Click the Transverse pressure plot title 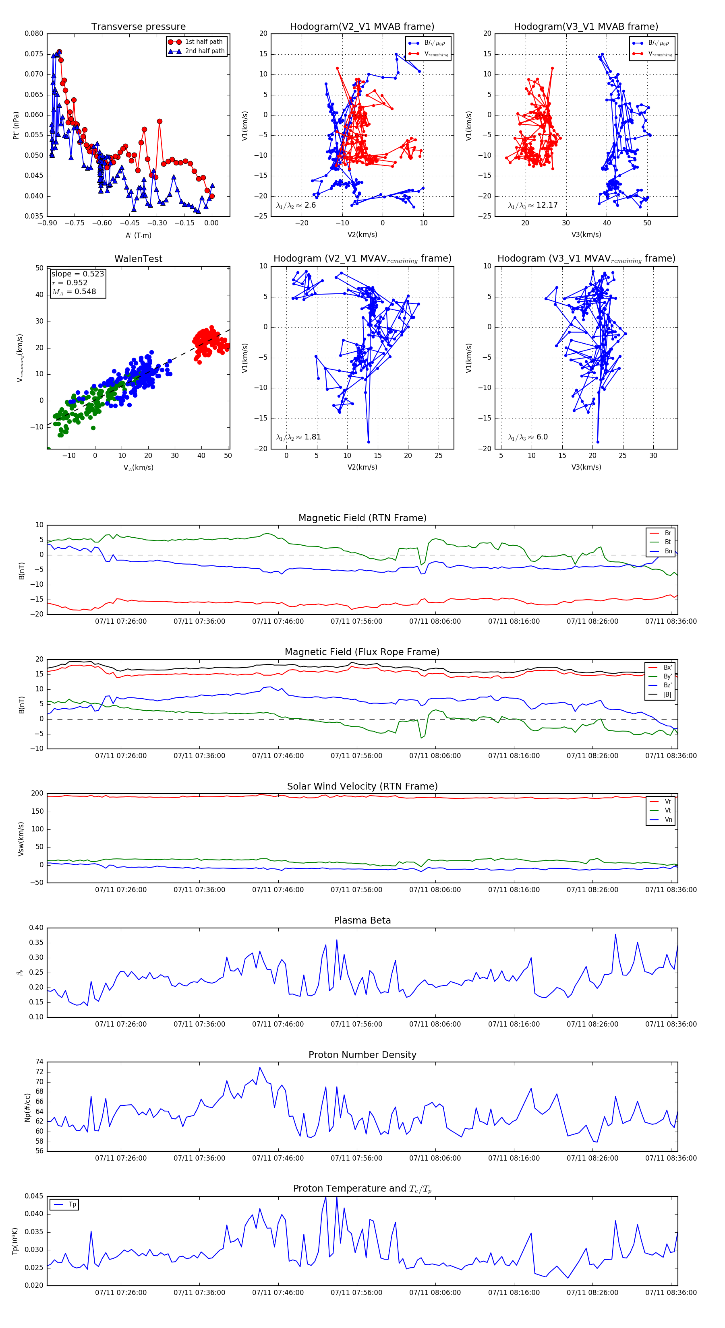click(x=138, y=27)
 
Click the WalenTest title click(x=138, y=259)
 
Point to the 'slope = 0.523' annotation click(x=77, y=274)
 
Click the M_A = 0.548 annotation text click(x=74, y=292)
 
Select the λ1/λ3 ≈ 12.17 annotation click(x=532, y=205)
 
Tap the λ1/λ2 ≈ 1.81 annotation click(x=298, y=437)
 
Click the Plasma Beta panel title click(x=362, y=921)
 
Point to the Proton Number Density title click(x=362, y=1055)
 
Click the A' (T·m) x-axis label click(x=138, y=235)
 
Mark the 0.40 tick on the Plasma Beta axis click(x=36, y=928)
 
